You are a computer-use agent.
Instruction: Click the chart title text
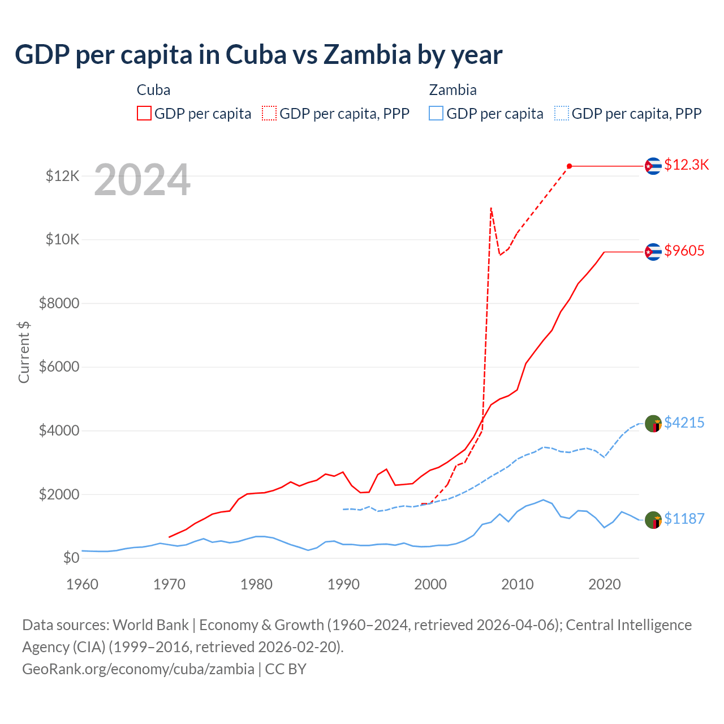(x=258, y=55)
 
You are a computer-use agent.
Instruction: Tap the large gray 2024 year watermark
(x=142, y=180)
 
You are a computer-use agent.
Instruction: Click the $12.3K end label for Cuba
(x=686, y=165)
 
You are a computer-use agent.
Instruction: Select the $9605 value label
(x=684, y=251)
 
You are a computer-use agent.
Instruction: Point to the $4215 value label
(x=684, y=423)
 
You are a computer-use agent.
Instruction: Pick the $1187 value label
(x=684, y=519)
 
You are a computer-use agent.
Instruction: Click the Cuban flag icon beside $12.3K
(x=653, y=166)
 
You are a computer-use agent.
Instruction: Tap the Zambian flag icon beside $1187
(x=653, y=519)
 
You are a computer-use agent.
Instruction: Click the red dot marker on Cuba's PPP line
(x=569, y=166)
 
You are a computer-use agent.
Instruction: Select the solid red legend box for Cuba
(x=144, y=114)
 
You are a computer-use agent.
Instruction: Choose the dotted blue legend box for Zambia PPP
(x=562, y=114)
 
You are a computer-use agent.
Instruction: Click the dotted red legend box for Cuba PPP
(x=269, y=114)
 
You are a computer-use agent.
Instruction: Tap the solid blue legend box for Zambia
(x=436, y=114)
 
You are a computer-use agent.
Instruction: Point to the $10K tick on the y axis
(x=62, y=239)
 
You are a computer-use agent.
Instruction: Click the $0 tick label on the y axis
(x=71, y=558)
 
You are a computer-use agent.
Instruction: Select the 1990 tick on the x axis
(x=343, y=584)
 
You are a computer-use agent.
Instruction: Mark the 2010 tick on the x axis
(x=518, y=584)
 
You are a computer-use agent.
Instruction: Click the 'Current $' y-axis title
(x=24, y=352)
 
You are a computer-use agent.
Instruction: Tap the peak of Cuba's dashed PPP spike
(x=491, y=208)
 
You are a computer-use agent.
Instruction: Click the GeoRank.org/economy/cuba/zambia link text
(x=138, y=669)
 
